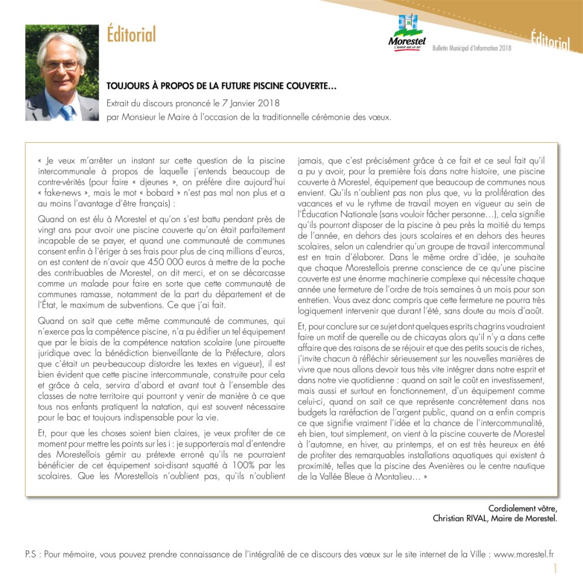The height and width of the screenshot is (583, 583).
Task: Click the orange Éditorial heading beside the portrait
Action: (131, 35)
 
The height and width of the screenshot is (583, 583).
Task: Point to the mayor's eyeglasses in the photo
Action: (61, 65)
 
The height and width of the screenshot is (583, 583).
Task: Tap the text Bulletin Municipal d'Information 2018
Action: (472, 48)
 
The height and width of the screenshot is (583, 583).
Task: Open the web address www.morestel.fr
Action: (524, 554)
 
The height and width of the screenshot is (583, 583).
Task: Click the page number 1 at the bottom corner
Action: (556, 568)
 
